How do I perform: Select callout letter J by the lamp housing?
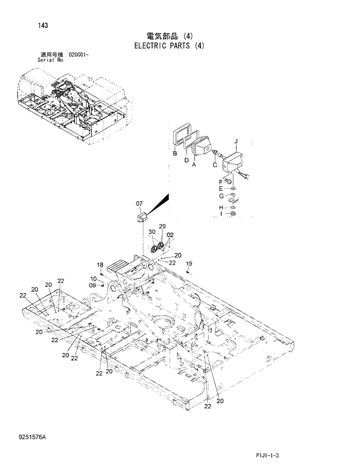click(236, 141)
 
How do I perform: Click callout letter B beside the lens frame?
click(174, 154)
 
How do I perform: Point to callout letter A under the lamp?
click(194, 165)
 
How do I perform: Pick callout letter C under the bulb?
click(214, 165)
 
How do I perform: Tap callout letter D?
click(186, 160)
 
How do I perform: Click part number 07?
click(139, 204)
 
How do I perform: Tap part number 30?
click(152, 232)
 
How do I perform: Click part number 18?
click(100, 265)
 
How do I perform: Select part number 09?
click(92, 285)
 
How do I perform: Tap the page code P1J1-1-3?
click(267, 456)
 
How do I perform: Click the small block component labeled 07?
click(141, 219)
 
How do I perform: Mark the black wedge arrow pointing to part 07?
click(160, 203)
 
